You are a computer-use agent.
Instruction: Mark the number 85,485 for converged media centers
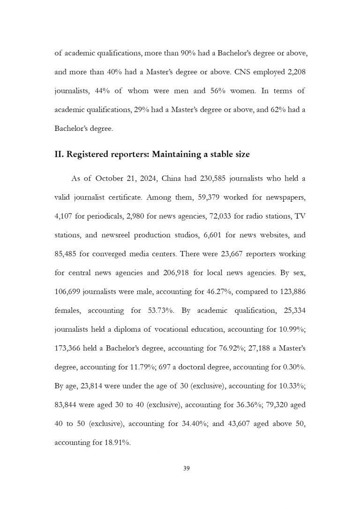pos(67,254)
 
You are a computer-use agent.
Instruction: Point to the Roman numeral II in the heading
pos(59,152)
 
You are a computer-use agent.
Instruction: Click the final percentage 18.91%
pos(114,442)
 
